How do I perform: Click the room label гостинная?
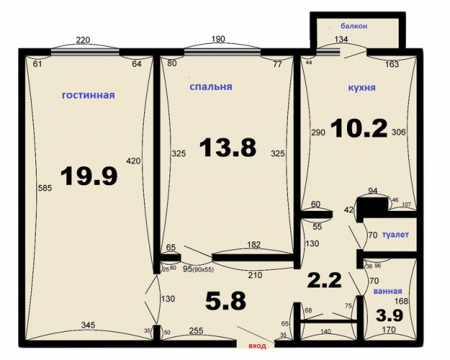click(89, 95)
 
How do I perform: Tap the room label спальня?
click(211, 86)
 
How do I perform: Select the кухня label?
click(361, 88)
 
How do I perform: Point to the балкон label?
click(354, 26)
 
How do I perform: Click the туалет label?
click(395, 235)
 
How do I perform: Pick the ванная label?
click(387, 291)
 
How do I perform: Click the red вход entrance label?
click(257, 346)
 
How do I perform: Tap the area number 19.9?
click(89, 176)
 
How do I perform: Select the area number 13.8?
click(228, 148)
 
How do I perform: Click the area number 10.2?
click(359, 128)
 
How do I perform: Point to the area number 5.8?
click(225, 301)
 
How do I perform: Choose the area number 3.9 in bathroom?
click(390, 315)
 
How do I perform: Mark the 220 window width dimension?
click(83, 40)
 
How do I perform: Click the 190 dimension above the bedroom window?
click(218, 39)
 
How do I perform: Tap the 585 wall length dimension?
click(45, 188)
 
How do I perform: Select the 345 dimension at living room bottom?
click(88, 325)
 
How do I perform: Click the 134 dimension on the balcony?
click(341, 39)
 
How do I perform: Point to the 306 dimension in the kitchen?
click(399, 132)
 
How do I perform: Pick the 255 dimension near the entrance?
click(196, 330)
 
